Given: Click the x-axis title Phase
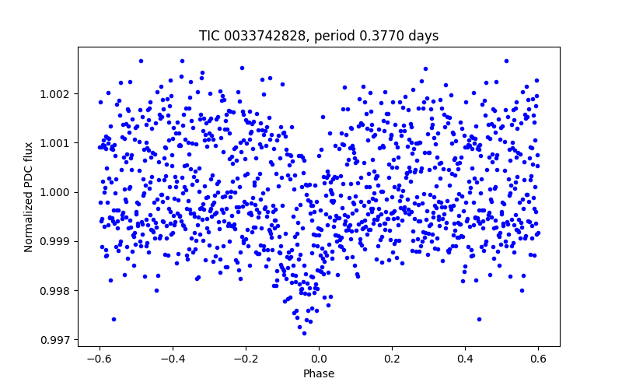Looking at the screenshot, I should [319, 373].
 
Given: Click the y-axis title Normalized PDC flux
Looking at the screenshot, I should [29, 197].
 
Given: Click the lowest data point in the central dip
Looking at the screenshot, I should [304, 333].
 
